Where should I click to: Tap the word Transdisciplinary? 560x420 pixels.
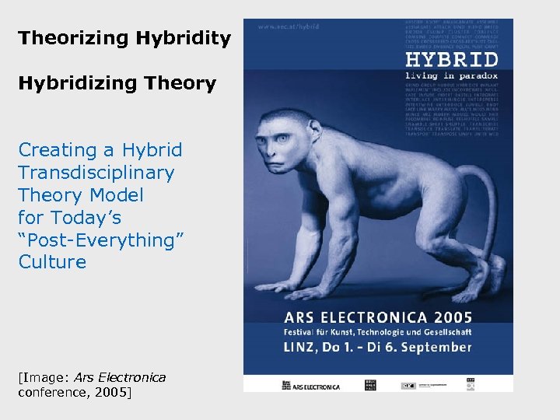pyautogui.click(x=96, y=172)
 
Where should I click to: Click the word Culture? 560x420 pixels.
pyautogui.click(x=52, y=262)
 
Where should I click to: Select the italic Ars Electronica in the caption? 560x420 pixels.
pyautogui.click(x=120, y=378)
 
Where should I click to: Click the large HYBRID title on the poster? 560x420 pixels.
pyautogui.click(x=452, y=61)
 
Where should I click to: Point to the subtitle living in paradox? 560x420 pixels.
pyautogui.click(x=452, y=76)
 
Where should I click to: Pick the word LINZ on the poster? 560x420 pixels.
pyautogui.click(x=303, y=348)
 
